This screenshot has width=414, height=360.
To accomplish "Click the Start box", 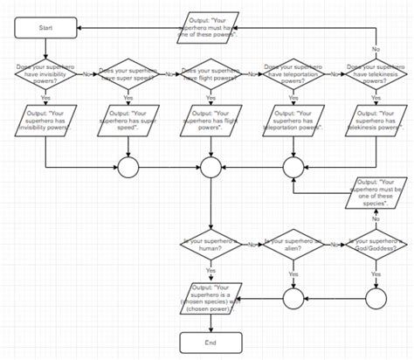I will [x=45, y=29].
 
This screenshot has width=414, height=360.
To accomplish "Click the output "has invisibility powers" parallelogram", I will [x=45, y=121].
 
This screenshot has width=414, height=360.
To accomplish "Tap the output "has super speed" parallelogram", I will [x=128, y=121].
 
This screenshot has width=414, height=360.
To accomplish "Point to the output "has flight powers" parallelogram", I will [x=210, y=121].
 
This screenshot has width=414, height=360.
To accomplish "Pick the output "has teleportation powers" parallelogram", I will [x=293, y=121].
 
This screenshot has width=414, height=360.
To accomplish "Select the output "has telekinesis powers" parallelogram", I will [x=376, y=121].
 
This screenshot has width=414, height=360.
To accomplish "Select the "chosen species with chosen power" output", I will [x=210, y=296].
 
